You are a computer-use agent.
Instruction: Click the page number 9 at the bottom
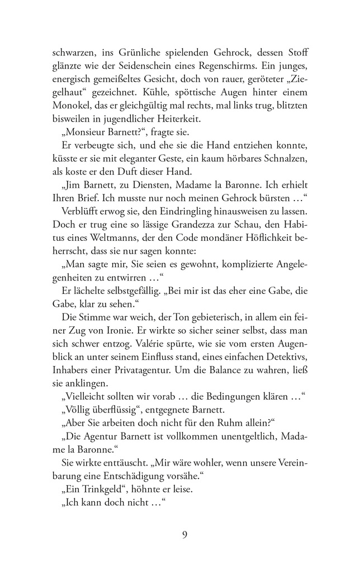(x=184, y=535)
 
